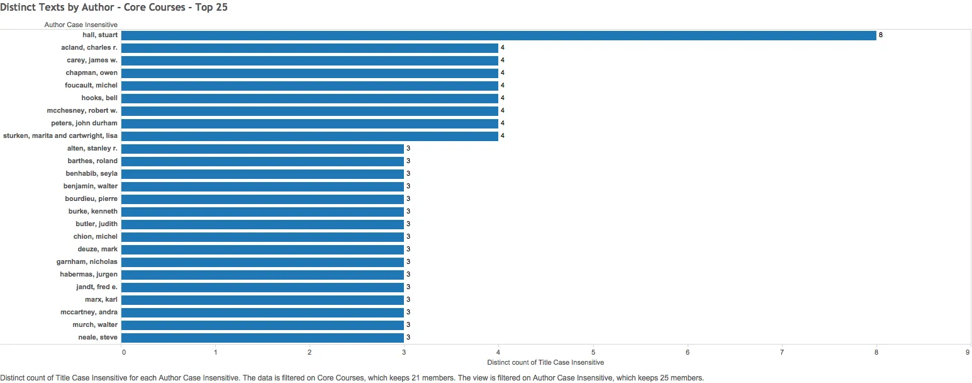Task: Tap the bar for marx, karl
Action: (262, 300)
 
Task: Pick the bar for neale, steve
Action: (262, 338)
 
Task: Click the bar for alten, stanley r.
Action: (262, 149)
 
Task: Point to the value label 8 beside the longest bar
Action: (881, 35)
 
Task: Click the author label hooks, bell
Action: (99, 98)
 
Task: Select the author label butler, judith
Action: (96, 224)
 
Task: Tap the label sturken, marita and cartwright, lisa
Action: (60, 136)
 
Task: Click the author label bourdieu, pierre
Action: (91, 199)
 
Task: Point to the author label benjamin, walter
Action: (91, 186)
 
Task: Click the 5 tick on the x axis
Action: (593, 352)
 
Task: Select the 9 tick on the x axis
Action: (968, 352)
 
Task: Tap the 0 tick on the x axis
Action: (124, 352)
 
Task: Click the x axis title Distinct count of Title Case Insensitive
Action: (545, 363)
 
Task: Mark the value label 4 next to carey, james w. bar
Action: (503, 60)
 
